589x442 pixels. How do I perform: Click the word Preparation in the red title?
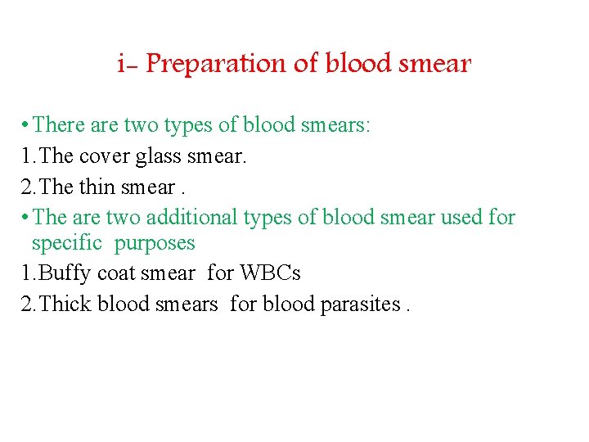click(233, 64)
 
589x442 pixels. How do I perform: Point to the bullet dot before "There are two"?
click(27, 126)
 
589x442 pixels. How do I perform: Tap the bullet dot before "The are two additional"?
click(27, 218)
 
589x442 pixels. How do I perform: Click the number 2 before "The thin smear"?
click(25, 187)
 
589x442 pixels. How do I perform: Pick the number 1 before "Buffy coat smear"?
click(25, 273)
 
